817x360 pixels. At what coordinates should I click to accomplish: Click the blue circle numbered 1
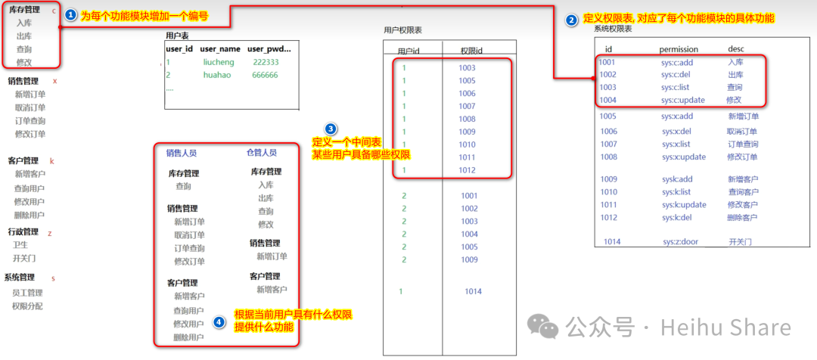pyautogui.click(x=70, y=15)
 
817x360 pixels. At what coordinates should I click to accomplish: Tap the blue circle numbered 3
pyautogui.click(x=331, y=129)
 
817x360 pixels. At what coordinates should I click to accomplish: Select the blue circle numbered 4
pyautogui.click(x=219, y=321)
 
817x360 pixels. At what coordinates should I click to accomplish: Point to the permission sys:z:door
pyautogui.click(x=680, y=242)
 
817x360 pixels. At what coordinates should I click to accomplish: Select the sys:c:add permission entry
pyautogui.click(x=677, y=63)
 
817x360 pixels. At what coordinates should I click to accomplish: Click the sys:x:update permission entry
pyautogui.click(x=683, y=157)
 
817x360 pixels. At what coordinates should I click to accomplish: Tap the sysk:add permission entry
pyautogui.click(x=677, y=179)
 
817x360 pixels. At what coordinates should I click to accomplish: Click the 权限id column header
pyautogui.click(x=471, y=50)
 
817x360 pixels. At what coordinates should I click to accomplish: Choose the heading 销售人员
pyautogui.click(x=182, y=153)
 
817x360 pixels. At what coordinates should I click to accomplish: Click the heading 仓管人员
pyautogui.click(x=262, y=153)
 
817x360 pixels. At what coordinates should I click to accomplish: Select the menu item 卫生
pyautogui.click(x=20, y=245)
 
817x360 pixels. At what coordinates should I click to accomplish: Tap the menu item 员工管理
pyautogui.click(x=27, y=293)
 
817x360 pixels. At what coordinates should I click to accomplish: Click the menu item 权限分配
pyautogui.click(x=27, y=306)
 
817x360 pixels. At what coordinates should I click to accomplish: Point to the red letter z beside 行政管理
pyautogui.click(x=50, y=233)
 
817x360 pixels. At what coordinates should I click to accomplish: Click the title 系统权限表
pyautogui.click(x=613, y=28)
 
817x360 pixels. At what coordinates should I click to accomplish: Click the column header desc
pyautogui.click(x=736, y=49)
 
